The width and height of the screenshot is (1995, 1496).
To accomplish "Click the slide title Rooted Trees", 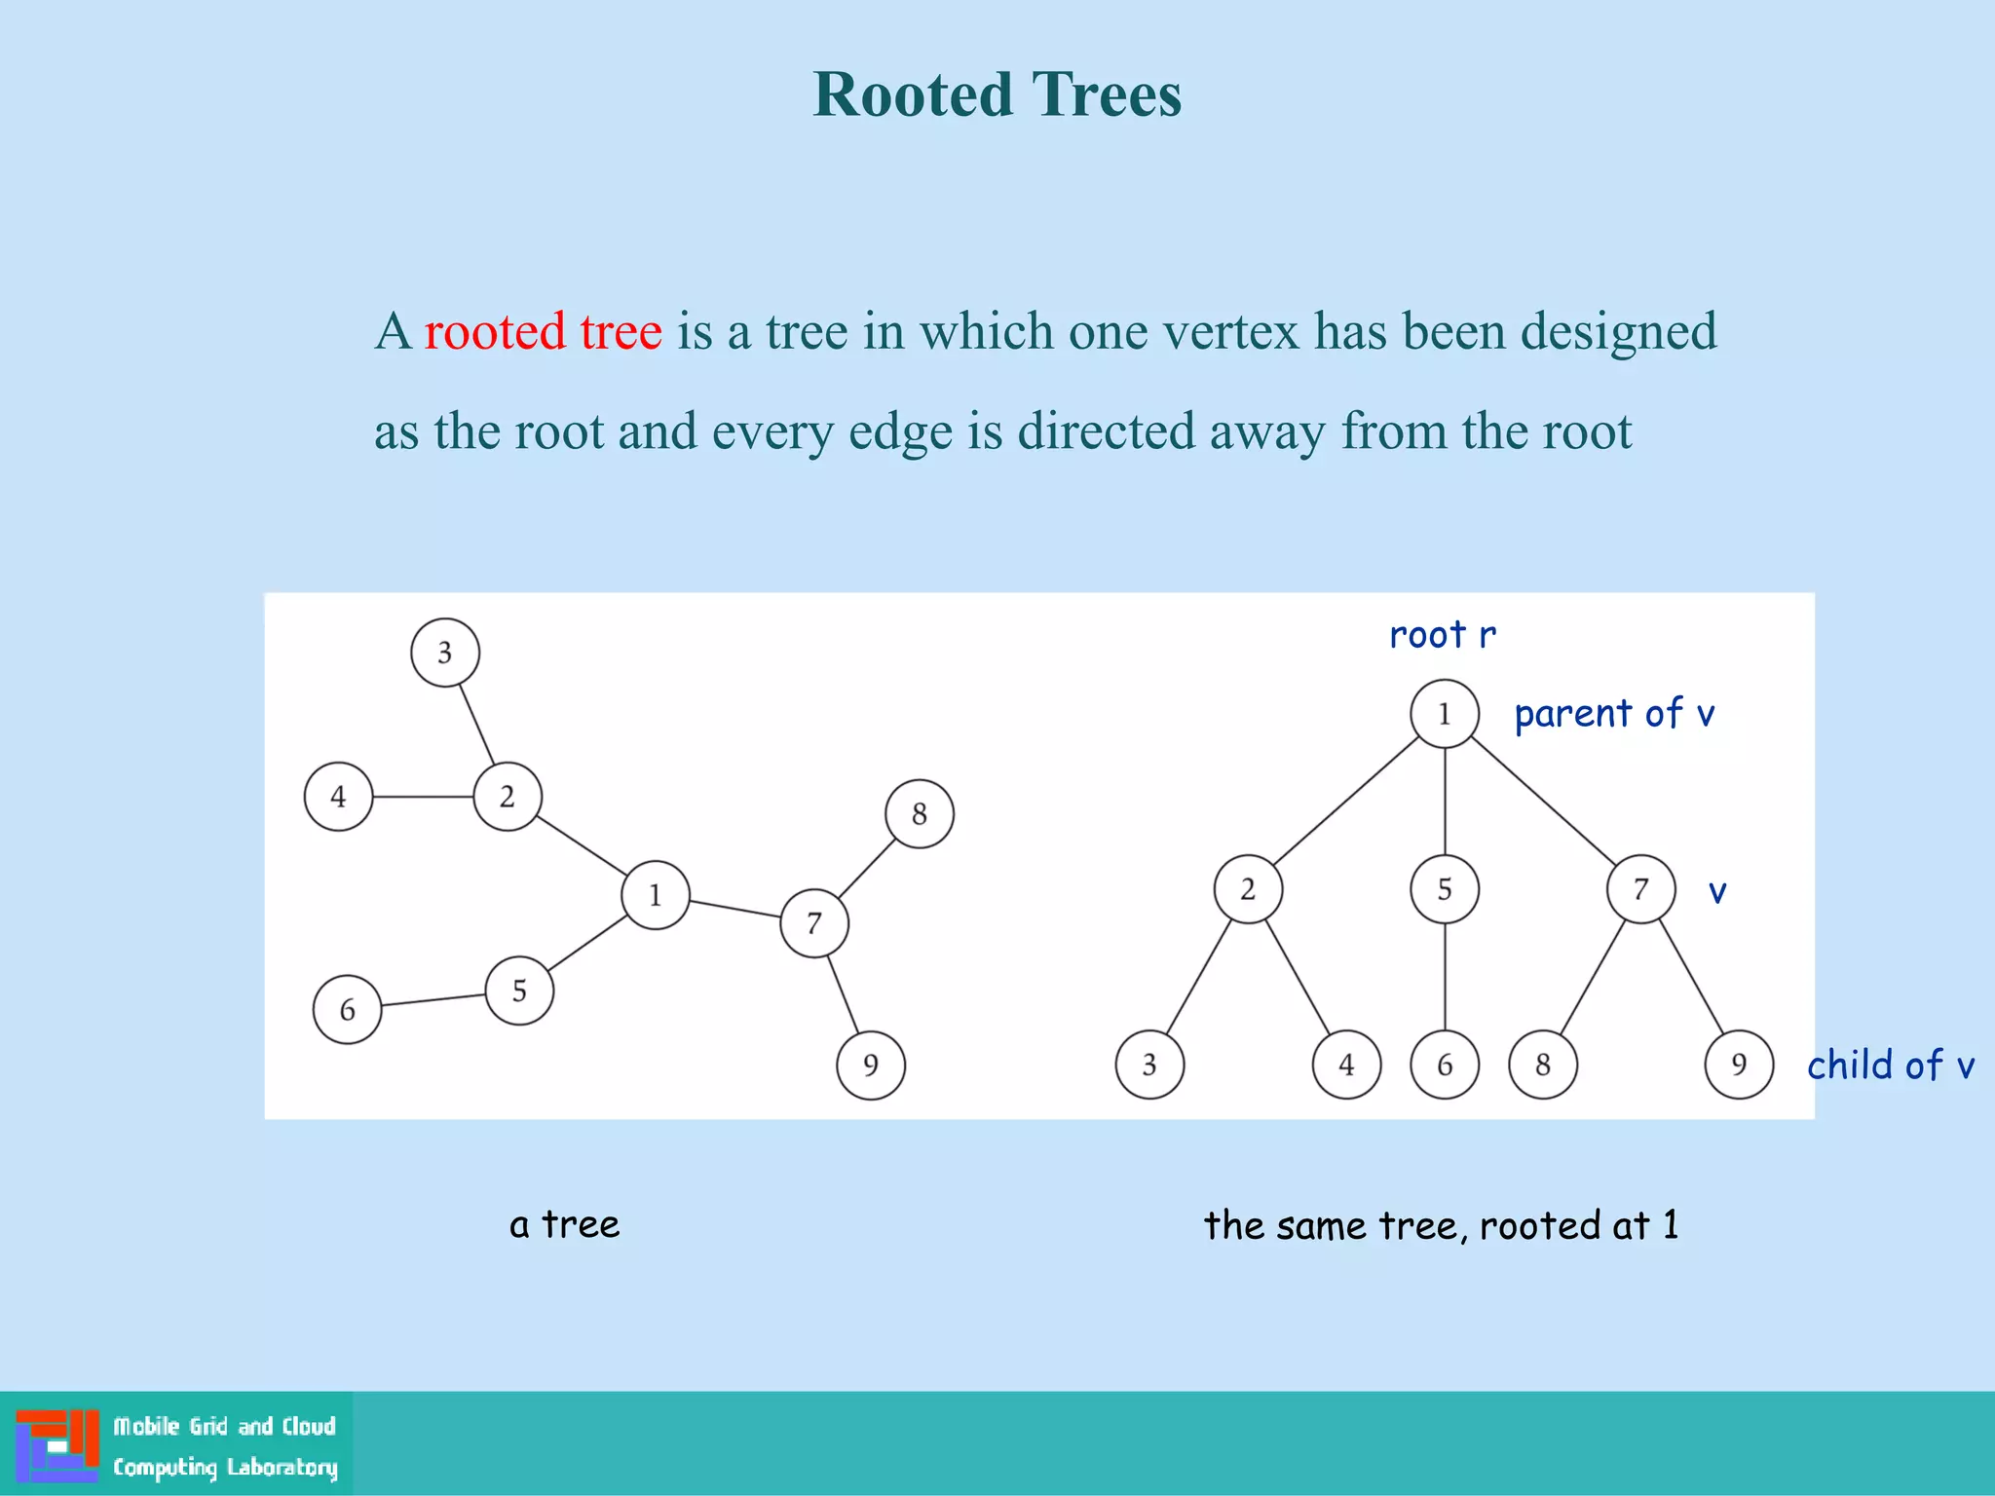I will [997, 94].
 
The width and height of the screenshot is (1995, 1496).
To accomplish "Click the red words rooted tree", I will [543, 331].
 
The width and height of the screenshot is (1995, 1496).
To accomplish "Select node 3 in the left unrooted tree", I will [445, 653].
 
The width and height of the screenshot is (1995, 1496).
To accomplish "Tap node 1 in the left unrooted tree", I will [656, 895].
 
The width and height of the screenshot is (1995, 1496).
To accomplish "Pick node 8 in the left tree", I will [920, 814].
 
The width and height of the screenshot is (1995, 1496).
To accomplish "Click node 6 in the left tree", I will [347, 1010].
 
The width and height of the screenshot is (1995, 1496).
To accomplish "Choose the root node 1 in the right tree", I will [1445, 714].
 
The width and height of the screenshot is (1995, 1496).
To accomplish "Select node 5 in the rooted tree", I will [1445, 889].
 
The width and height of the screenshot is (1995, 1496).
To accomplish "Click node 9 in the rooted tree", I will [1739, 1065].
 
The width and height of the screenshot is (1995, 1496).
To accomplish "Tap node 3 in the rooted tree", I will [1149, 1065].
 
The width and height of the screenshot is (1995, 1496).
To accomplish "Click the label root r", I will [1442, 635].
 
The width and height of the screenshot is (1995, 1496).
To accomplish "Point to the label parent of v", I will [1614, 714].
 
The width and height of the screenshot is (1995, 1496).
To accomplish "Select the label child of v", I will [1890, 1066].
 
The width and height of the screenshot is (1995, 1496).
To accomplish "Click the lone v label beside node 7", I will [1717, 892].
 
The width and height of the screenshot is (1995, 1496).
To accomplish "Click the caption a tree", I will [564, 1224].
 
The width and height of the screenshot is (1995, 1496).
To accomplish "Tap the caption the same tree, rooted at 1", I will [1442, 1225].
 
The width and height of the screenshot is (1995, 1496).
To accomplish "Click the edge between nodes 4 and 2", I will [423, 797].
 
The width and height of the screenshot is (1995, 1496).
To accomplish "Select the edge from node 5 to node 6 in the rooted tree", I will [1445, 977].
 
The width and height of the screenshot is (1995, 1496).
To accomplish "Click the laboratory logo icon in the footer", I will [56, 1445].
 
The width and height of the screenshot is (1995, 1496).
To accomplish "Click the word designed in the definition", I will [1618, 331].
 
